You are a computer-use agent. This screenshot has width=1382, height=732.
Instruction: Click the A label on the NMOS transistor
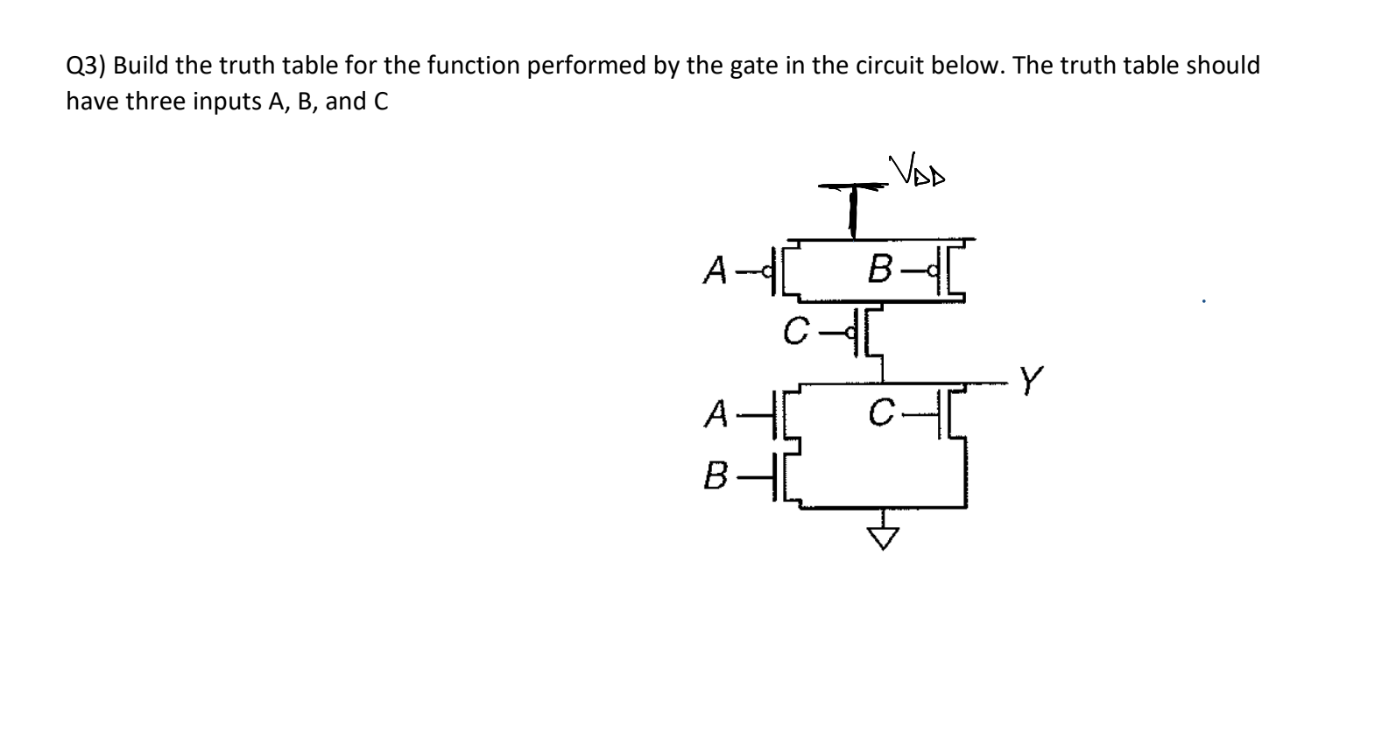(717, 412)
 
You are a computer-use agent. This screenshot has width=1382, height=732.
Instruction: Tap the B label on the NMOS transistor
(716, 479)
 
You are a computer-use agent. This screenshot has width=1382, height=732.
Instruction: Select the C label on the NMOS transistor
(881, 409)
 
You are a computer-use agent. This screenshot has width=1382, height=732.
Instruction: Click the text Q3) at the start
(88, 66)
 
